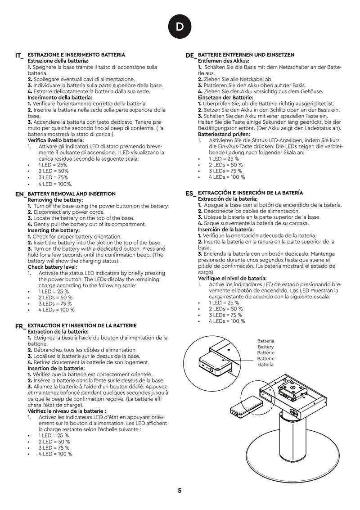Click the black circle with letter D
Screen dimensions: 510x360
(180, 27)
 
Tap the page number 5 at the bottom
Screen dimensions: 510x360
(180, 491)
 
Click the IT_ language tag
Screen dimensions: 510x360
(19, 56)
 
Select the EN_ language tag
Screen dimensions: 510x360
(21, 194)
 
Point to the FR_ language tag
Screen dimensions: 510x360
(20, 326)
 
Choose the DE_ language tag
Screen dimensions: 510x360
(191, 55)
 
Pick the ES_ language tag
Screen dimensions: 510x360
(191, 194)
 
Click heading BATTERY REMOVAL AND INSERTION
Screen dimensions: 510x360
(72, 194)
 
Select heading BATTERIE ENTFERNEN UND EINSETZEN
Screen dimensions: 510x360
(246, 54)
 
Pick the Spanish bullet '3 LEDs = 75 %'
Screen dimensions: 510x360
(225, 315)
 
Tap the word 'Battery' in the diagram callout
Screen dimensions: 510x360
(265, 347)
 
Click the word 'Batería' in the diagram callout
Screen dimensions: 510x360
(265, 365)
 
